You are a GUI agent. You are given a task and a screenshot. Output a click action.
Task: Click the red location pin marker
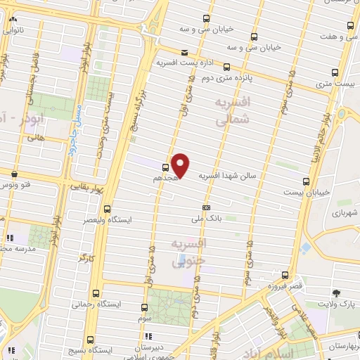tap(181, 165)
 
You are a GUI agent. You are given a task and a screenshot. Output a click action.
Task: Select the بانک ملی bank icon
tap(206, 208)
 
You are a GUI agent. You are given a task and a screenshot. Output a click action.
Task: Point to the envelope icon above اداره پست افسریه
tap(184, 53)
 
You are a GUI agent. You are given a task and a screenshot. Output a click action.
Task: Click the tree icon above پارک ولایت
tap(335, 293)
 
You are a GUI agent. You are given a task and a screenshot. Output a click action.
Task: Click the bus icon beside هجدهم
tap(165, 167)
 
